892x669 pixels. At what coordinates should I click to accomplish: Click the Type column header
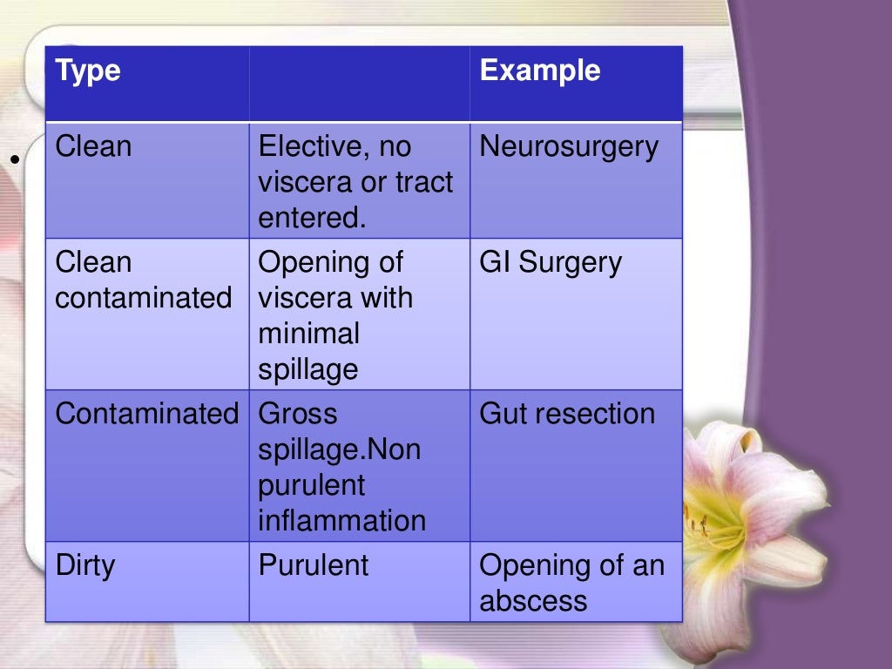88,71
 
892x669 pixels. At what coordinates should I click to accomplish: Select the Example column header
539,71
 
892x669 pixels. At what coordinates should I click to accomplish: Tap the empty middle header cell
359,84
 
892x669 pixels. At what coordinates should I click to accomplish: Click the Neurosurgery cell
569,147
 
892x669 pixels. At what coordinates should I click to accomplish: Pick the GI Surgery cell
551,263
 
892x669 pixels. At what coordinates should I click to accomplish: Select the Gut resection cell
567,413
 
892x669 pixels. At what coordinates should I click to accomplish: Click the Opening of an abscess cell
571,582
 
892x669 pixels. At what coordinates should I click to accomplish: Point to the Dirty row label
85,565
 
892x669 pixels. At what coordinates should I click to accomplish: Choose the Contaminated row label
146,413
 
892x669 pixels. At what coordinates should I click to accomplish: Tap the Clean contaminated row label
144,280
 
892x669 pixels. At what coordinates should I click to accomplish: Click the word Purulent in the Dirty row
314,565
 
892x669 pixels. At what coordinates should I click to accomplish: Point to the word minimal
309,334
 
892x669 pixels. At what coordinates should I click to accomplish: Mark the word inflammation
342,521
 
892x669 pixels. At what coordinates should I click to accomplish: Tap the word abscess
533,601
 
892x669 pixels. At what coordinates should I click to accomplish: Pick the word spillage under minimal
308,370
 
